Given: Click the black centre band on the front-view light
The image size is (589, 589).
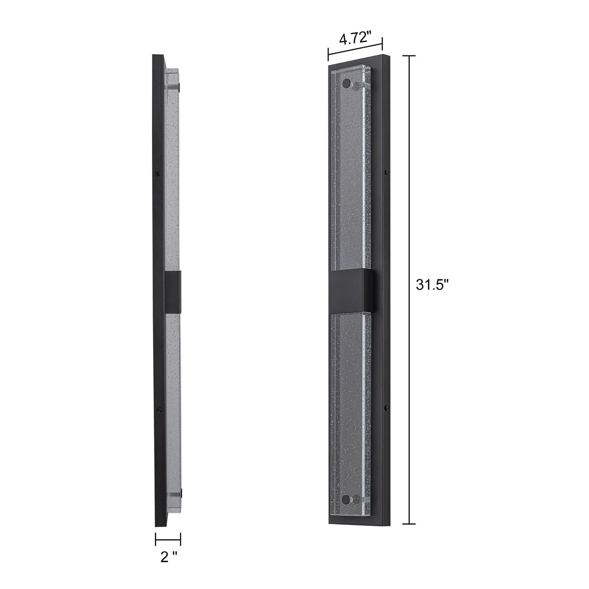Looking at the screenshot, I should (x=353, y=290).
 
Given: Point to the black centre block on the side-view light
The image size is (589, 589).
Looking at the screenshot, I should (x=173, y=291).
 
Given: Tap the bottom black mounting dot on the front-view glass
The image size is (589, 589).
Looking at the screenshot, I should (x=347, y=499).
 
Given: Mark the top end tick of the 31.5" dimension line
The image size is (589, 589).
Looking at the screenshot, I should (x=409, y=55).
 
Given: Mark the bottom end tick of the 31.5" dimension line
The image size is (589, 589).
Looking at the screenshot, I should (x=409, y=523).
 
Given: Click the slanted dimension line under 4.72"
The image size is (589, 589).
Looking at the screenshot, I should (x=355, y=49).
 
